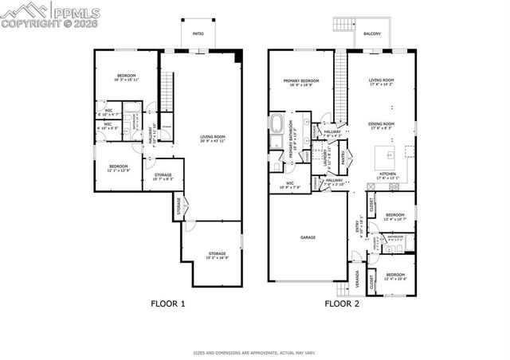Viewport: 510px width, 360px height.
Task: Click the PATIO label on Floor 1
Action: pos(198,33)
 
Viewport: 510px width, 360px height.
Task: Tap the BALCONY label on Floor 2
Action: pos(372,33)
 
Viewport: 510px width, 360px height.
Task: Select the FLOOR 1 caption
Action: pos(168,303)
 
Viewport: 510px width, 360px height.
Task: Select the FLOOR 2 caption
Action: pos(341,303)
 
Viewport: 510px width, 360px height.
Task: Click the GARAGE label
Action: pos(307,237)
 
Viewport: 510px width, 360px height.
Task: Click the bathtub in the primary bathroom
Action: pos(278,124)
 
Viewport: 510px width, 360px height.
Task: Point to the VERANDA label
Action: pos(356,278)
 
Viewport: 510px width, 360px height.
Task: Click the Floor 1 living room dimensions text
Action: pos(213,141)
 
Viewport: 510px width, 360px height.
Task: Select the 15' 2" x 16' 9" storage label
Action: pos(213,257)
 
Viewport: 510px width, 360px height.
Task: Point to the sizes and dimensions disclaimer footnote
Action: pos(255,352)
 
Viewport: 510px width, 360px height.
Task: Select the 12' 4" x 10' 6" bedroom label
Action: pos(396,277)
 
